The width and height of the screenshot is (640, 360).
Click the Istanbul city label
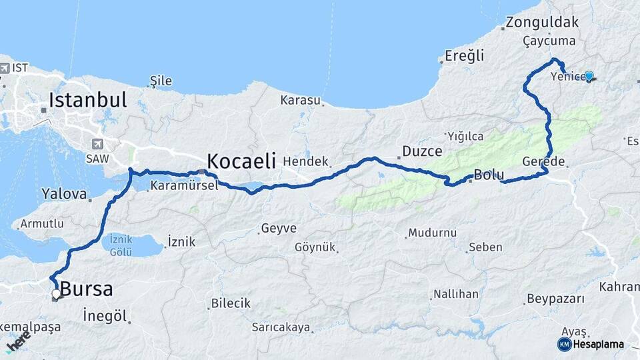[87, 101]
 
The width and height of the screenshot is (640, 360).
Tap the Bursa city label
[86, 290]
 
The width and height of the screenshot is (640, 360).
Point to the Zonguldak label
[542, 22]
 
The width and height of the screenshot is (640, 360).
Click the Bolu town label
[485, 177]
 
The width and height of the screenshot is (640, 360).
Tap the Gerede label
[544, 162]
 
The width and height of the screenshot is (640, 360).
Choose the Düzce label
[422, 151]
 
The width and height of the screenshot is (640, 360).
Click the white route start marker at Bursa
[56, 293]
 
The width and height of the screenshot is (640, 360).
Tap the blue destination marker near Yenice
[589, 76]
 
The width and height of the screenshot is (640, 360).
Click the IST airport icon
[5, 68]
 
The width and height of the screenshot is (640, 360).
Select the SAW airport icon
[99, 143]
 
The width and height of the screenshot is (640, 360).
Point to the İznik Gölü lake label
[121, 245]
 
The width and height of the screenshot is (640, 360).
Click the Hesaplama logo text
[599, 345]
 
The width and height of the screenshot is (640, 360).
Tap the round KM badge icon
[564, 345]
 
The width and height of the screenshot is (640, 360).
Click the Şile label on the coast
[161, 81]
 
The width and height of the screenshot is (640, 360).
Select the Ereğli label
[465, 56]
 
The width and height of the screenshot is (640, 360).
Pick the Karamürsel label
[184, 186]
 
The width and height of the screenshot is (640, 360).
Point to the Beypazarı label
[555, 298]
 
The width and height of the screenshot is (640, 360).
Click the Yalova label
[64, 195]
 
